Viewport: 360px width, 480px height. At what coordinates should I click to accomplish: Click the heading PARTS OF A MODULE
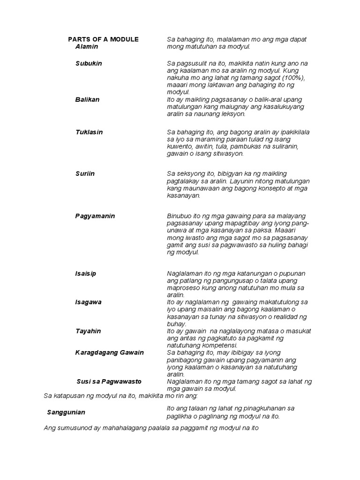coord(103,39)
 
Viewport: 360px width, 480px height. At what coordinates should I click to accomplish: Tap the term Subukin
coord(89,63)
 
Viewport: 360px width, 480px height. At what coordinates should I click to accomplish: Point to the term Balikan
coord(87,100)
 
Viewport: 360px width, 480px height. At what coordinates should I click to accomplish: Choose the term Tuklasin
coord(89,132)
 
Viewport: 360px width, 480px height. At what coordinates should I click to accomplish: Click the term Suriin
coord(85,173)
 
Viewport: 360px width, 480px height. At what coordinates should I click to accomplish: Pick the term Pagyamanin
coord(95,216)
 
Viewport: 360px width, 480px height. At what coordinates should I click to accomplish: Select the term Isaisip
coord(86,273)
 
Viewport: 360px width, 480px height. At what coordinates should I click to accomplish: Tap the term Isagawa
coord(88,302)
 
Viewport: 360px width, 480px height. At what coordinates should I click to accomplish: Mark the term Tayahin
coord(88,331)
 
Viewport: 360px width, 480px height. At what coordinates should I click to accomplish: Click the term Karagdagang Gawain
coord(109,352)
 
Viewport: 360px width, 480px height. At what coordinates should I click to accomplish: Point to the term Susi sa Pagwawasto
coord(109,382)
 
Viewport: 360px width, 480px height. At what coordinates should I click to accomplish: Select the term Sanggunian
coord(66,412)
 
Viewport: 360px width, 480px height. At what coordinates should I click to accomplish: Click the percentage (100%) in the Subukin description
coord(292,78)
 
